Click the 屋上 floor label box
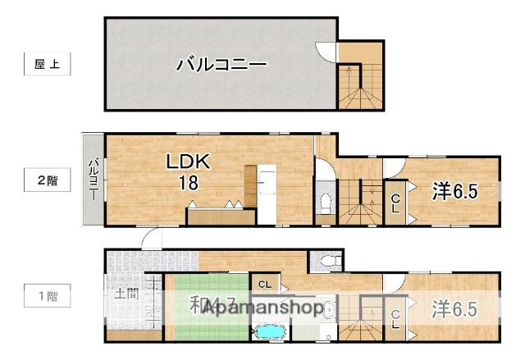[47, 64]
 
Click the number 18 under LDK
[189, 182]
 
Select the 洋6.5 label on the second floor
[454, 191]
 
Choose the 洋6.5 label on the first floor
[454, 309]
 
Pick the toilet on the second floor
[324, 203]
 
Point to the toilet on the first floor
[329, 262]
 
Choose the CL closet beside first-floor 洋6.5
[395, 319]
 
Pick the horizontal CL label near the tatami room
[264, 285]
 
